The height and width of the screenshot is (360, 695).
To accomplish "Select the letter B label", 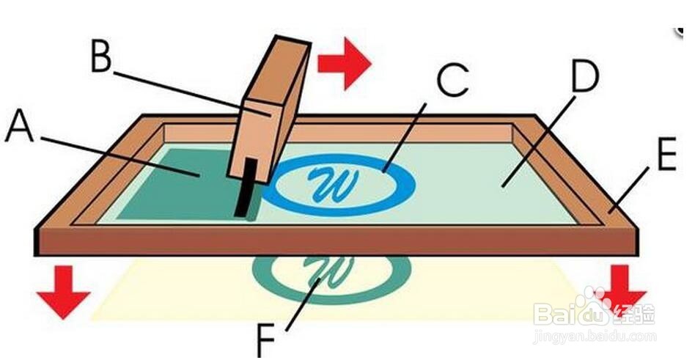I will tap(101, 57).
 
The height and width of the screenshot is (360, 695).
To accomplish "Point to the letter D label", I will tap(584, 76).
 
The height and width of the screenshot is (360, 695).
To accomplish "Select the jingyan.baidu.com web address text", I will tap(595, 337).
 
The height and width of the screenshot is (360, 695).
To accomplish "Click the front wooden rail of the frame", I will tap(337, 240).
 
